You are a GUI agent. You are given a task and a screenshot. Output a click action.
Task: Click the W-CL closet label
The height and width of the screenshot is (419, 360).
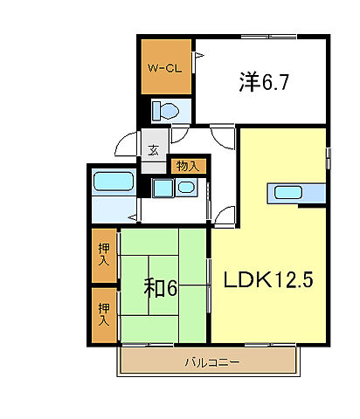[164, 67]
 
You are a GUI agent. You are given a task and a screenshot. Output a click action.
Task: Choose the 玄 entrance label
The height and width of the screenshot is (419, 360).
[153, 149]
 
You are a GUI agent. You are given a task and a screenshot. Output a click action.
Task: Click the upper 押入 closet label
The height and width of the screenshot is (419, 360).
[104, 254]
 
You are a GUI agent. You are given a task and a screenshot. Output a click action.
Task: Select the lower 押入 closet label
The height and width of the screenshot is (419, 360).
[104, 313]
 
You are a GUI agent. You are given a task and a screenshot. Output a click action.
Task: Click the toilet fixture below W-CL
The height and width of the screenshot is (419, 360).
[165, 112]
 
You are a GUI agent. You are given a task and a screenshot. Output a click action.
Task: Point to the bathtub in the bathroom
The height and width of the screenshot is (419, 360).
[112, 182]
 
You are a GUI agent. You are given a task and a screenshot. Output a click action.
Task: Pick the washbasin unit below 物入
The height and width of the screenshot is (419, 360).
[174, 189]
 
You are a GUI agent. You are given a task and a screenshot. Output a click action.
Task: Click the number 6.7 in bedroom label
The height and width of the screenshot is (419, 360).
[275, 83]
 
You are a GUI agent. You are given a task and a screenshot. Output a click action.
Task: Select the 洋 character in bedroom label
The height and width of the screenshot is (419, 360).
[249, 83]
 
